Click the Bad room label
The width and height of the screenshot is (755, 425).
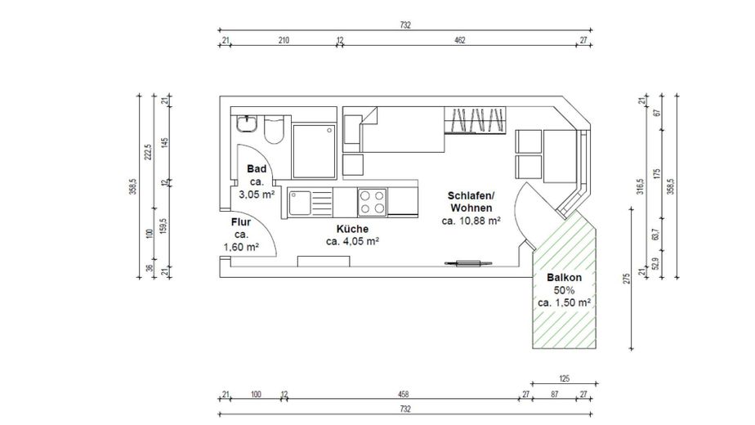click(x=257, y=168)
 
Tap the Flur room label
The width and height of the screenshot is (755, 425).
click(x=241, y=222)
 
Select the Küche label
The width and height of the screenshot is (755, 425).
click(x=352, y=229)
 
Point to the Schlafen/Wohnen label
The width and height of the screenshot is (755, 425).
click(x=471, y=202)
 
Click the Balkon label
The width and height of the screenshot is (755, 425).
click(x=565, y=278)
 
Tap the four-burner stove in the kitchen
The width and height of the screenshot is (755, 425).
click(x=373, y=203)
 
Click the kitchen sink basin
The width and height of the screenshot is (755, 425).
click(x=300, y=203)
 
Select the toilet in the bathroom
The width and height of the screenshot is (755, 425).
click(x=274, y=129)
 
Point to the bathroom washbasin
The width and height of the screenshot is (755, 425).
click(x=247, y=124)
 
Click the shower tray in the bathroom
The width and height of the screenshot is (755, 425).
click(x=314, y=152)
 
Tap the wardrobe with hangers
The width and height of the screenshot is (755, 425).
click(x=476, y=120)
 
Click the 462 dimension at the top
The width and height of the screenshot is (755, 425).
click(x=460, y=41)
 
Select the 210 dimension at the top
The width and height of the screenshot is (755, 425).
click(x=284, y=41)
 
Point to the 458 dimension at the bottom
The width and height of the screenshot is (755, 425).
click(x=404, y=394)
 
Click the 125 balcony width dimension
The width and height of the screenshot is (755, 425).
click(x=565, y=378)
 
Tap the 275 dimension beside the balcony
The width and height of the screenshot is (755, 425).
click(x=627, y=279)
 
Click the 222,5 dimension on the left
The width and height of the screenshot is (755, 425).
click(x=149, y=152)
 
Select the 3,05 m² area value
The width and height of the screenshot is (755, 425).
click(x=257, y=195)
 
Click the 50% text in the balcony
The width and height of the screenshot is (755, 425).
click(x=564, y=291)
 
